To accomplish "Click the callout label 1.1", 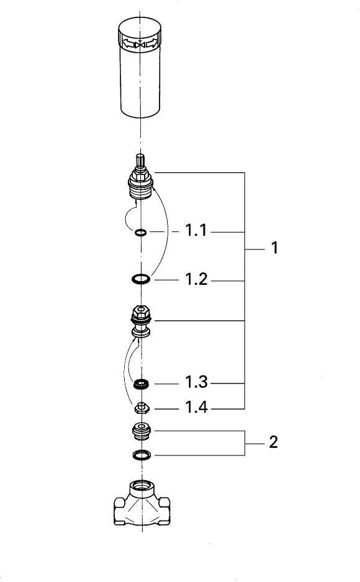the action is tap(196, 230).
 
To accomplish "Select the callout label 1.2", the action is tap(196, 279).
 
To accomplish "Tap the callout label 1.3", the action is tap(196, 382).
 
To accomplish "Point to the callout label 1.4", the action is tap(196, 407).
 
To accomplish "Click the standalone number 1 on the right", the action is tap(274, 248).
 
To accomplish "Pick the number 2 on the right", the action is tap(274, 442).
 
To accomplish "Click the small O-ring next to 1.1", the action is tap(141, 233).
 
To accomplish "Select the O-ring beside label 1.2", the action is tap(141, 279).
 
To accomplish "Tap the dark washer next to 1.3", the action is tap(141, 384).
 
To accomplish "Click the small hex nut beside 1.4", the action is tap(141, 408).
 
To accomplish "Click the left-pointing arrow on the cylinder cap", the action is tap(128, 44).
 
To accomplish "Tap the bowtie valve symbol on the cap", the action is tap(140, 45).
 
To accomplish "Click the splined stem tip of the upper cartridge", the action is tap(140, 159).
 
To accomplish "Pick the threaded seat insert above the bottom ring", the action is tap(142, 431).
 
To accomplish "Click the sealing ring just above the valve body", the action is tap(142, 454).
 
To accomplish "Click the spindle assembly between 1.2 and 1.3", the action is tap(141, 321).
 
